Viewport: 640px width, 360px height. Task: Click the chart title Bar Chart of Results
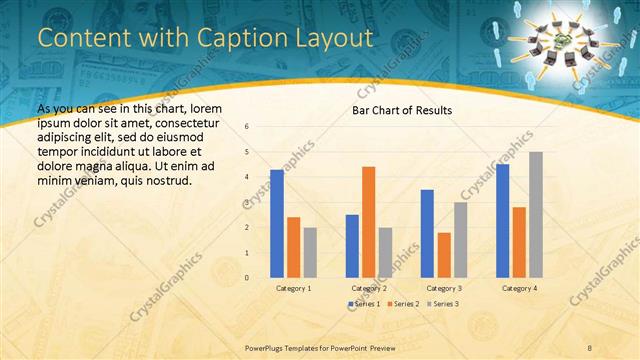(x=401, y=109)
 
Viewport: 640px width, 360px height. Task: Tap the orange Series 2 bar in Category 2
(x=368, y=221)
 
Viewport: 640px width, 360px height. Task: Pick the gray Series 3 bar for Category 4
(x=536, y=214)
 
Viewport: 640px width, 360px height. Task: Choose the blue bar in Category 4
(x=502, y=220)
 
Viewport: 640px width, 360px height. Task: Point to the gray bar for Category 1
(x=310, y=251)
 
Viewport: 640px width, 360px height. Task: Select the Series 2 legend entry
(x=403, y=303)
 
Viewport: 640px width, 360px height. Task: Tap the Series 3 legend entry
(x=443, y=303)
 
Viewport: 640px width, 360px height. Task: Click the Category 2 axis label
(x=368, y=288)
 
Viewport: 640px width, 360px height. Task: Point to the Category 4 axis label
(x=519, y=288)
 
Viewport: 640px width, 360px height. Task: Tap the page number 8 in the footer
(x=590, y=347)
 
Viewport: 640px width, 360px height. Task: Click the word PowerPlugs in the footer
(x=269, y=347)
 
